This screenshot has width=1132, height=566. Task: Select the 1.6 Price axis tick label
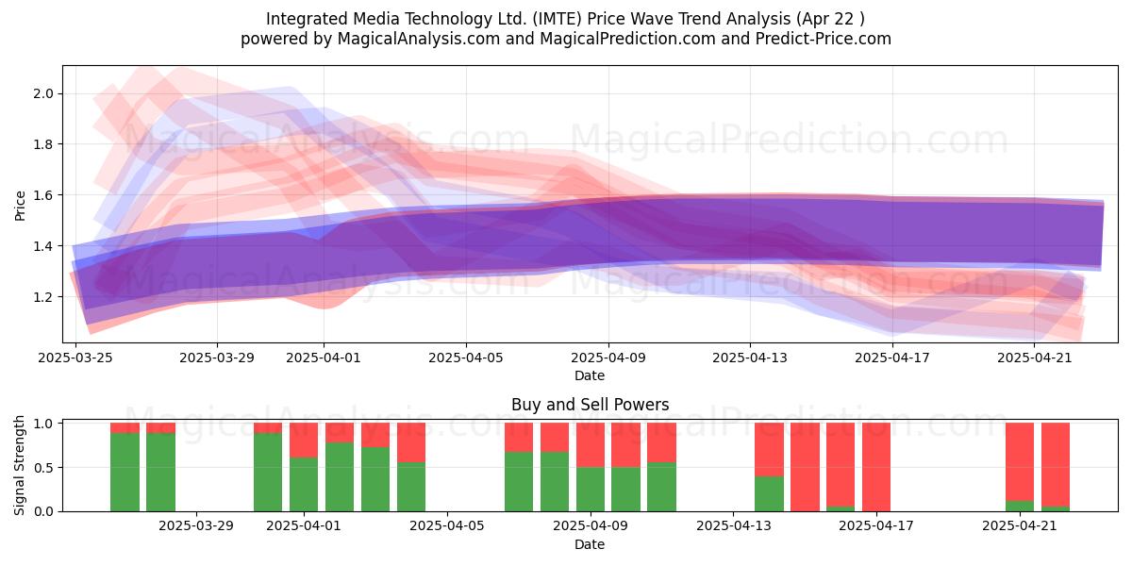tap(43, 195)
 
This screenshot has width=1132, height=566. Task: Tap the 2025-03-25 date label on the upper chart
tap(75, 358)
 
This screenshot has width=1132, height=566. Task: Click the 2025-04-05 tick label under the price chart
tap(466, 358)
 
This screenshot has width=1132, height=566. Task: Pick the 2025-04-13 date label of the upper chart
tap(750, 358)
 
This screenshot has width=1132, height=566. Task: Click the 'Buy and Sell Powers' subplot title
tap(590, 405)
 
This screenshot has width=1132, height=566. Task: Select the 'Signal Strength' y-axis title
tap(19, 465)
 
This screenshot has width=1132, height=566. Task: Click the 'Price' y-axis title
tap(20, 206)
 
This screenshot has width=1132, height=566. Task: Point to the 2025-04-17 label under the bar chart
tap(876, 526)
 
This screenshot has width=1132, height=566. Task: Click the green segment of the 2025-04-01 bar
tap(304, 485)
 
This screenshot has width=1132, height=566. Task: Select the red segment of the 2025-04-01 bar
tap(304, 441)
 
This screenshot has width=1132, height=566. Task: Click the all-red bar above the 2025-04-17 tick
tap(876, 467)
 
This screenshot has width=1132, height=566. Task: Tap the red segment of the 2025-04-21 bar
tap(1020, 462)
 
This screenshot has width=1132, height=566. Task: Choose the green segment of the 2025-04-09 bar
tap(591, 490)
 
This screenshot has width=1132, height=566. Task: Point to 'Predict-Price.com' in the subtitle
tap(824, 39)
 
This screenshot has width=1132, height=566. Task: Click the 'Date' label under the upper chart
tap(590, 375)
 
